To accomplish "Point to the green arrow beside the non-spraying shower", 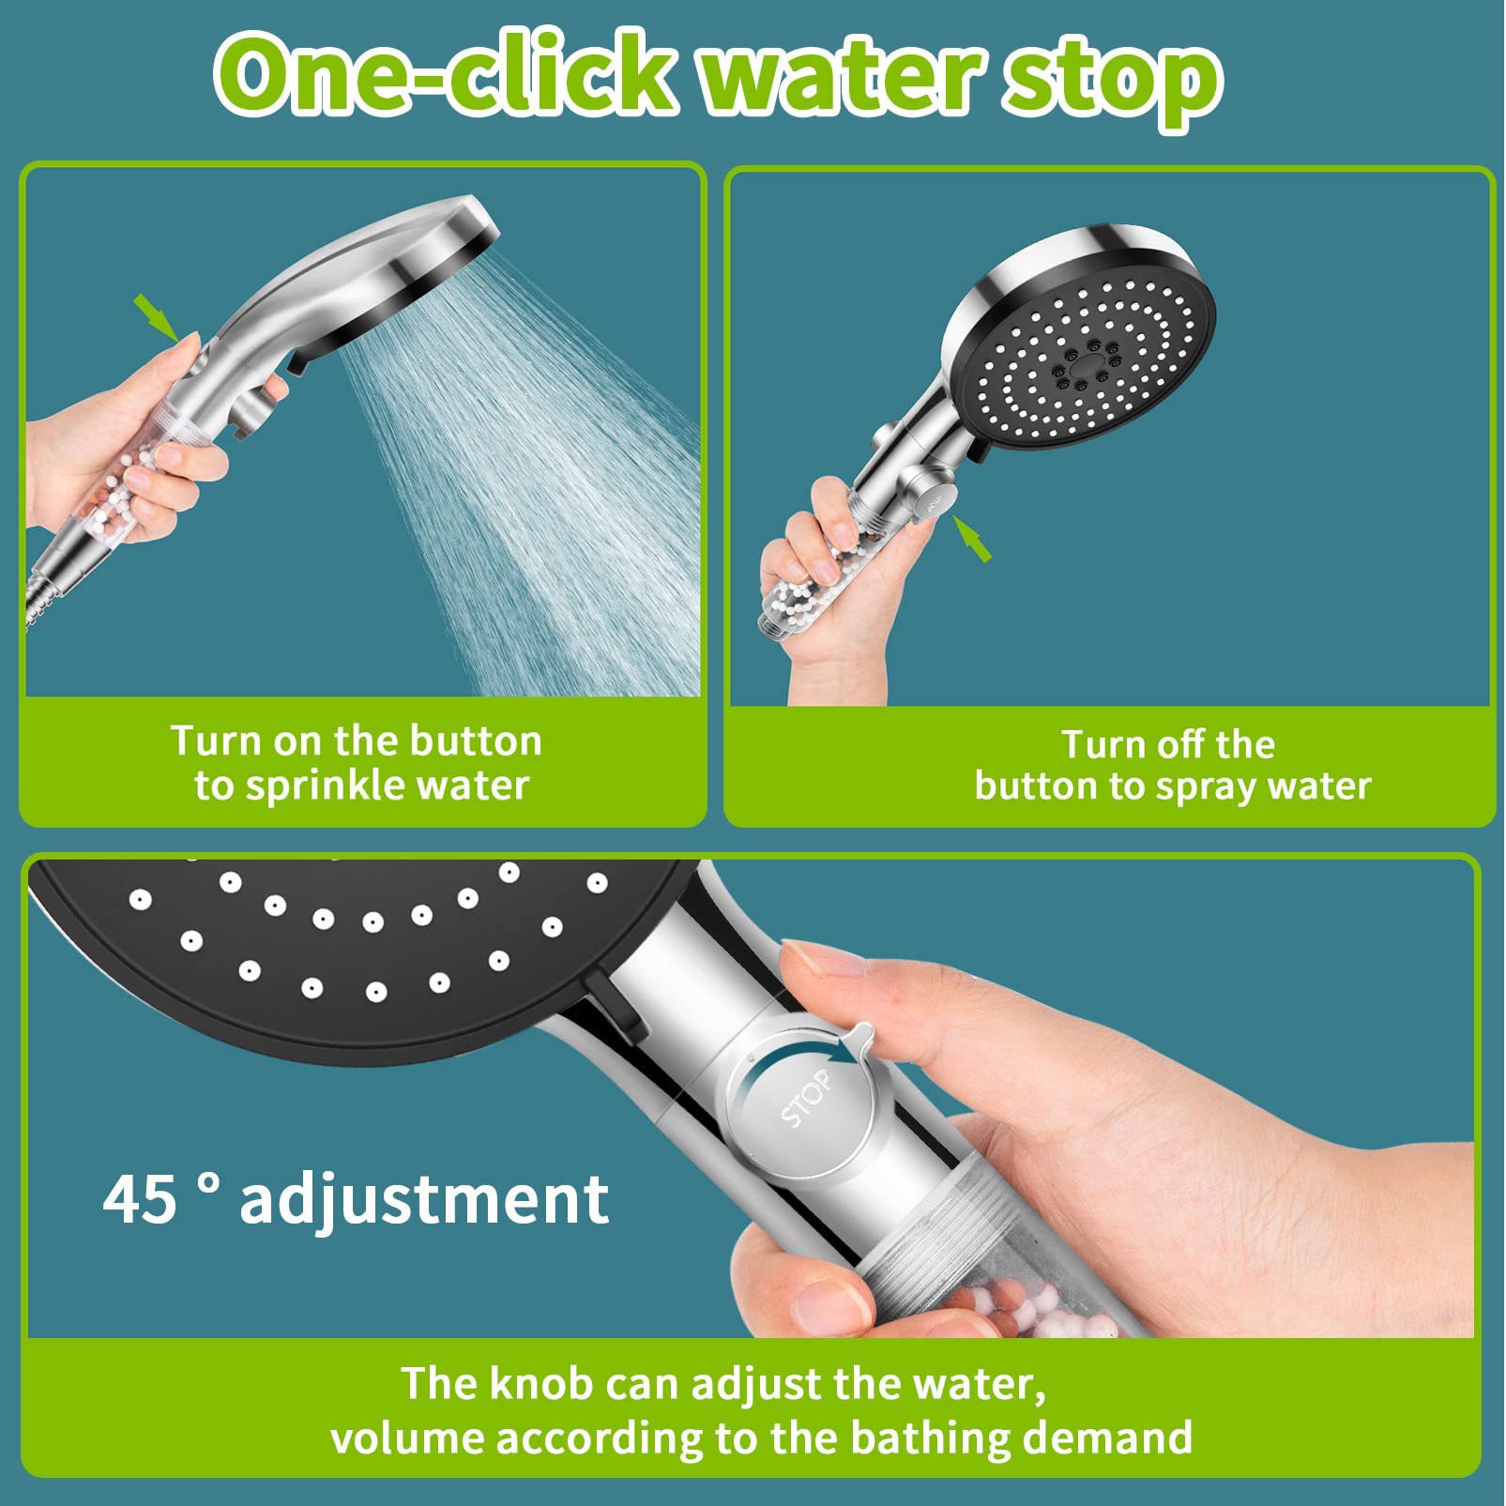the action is (971, 538).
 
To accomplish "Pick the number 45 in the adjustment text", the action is (140, 1198).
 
